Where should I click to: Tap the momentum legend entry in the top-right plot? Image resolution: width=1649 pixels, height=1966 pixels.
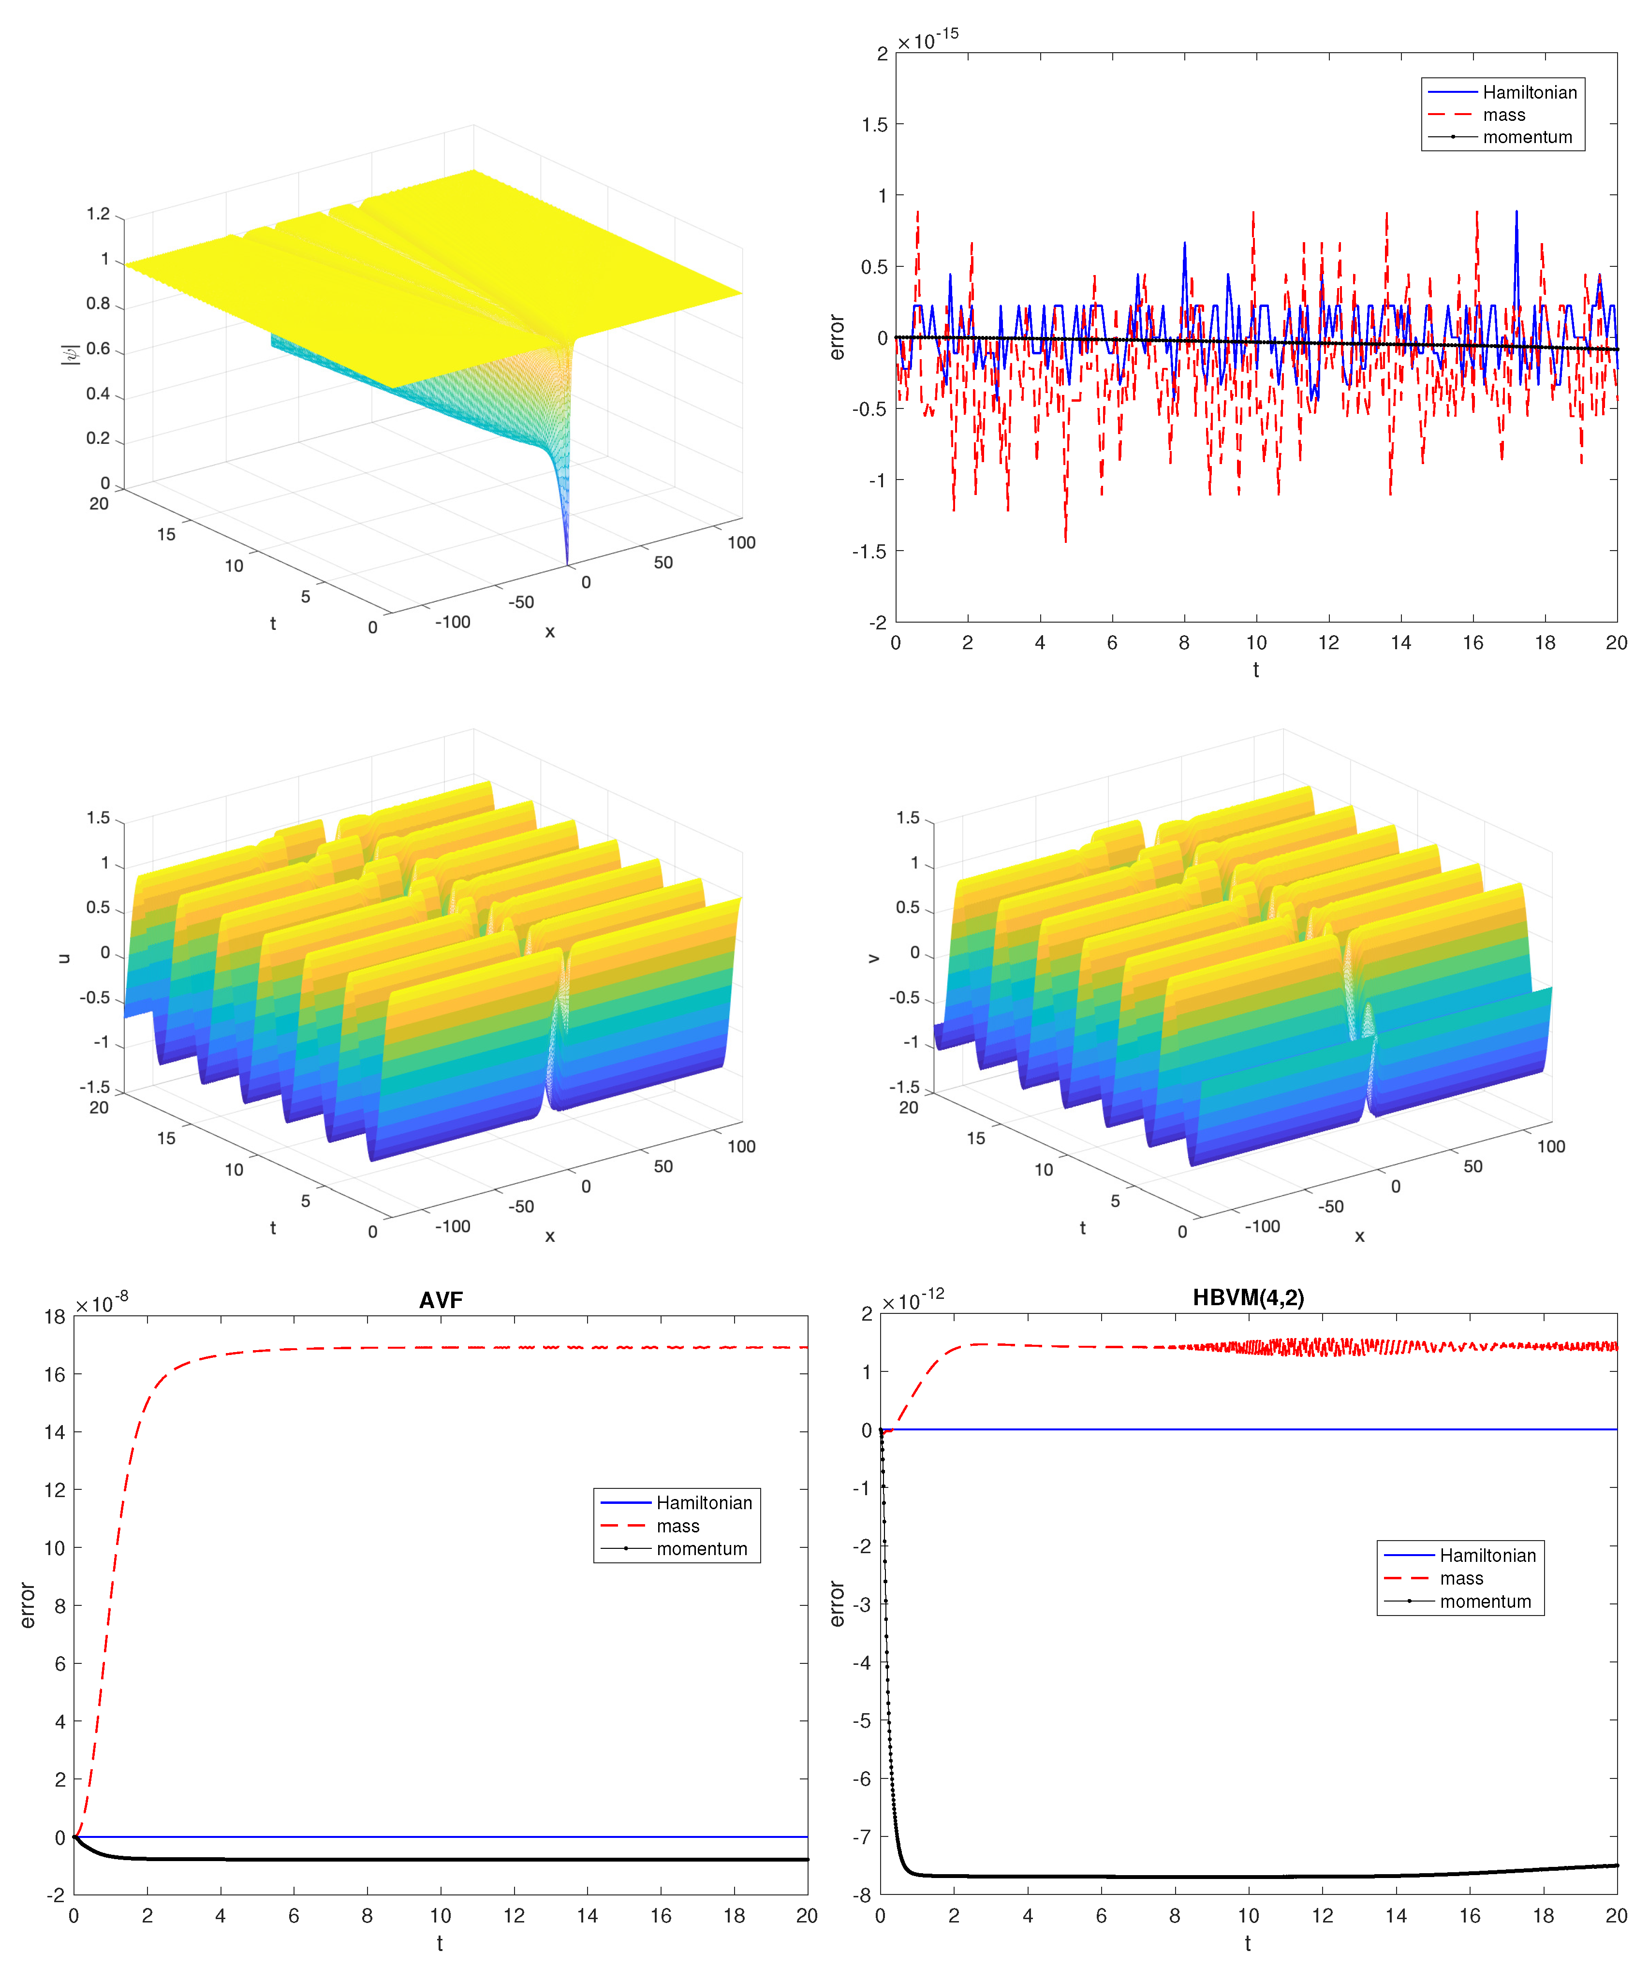click(1526, 137)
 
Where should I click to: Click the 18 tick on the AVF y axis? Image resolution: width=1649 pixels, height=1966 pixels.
click(54, 1316)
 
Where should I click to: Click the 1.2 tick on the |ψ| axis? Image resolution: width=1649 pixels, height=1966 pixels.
click(98, 214)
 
